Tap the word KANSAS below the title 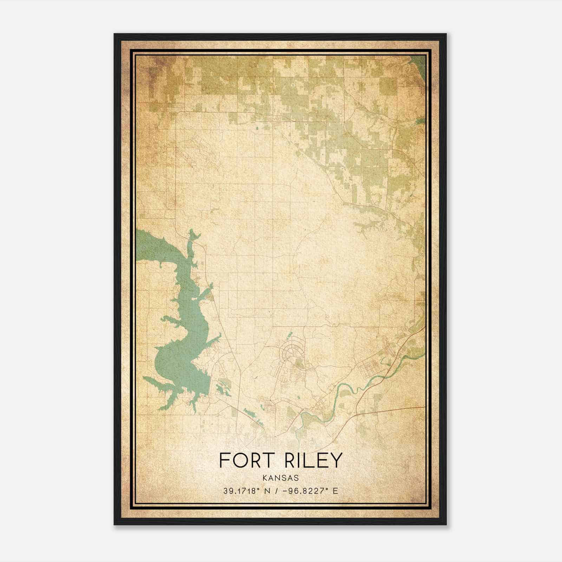point(280,478)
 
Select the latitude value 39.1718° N point(246,491)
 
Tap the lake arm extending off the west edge point(151,246)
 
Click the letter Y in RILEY point(336,460)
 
